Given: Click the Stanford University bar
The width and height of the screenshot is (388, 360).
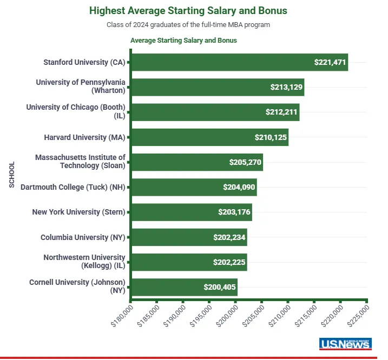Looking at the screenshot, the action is pyautogui.click(x=240, y=62).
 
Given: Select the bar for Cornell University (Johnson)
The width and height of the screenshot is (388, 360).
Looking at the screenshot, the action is pyautogui.click(x=185, y=287).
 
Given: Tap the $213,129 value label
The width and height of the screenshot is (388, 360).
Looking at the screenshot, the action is pyautogui.click(x=286, y=87).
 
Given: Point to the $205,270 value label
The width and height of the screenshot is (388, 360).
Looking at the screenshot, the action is pyautogui.click(x=245, y=162).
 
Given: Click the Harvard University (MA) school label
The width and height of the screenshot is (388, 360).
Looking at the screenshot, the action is pyautogui.click(x=84, y=137).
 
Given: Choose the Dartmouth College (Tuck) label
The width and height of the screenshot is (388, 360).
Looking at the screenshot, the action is pyautogui.click(x=73, y=187).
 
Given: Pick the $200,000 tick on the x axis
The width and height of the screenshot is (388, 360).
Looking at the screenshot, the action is pyautogui.click(x=235, y=301).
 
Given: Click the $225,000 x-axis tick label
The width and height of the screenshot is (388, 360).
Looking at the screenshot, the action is pyautogui.click(x=358, y=316).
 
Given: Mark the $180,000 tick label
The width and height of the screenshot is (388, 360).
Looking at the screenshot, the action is pyautogui.click(x=122, y=316).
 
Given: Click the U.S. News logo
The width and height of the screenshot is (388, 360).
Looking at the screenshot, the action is pyautogui.click(x=345, y=344).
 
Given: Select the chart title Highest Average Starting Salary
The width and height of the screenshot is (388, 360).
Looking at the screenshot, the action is pyautogui.click(x=188, y=11).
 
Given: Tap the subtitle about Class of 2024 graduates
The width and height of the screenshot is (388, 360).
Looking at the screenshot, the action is pyautogui.click(x=188, y=25).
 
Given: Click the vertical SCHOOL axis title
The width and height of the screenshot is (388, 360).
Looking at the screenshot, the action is pyautogui.click(x=11, y=175).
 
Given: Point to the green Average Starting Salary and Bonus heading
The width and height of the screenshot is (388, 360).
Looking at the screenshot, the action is pyautogui.click(x=183, y=41).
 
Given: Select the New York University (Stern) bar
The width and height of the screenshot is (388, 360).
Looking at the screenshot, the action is pyautogui.click(x=192, y=212).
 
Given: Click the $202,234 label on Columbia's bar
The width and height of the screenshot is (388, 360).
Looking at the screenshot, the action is pyautogui.click(x=229, y=237).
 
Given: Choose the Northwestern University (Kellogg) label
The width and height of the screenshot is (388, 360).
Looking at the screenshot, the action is pyautogui.click(x=84, y=261).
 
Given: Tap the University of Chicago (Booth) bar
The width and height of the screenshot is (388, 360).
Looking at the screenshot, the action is pyautogui.click(x=215, y=112).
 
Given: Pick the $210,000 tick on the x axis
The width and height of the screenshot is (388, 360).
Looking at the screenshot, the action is pyautogui.click(x=288, y=301).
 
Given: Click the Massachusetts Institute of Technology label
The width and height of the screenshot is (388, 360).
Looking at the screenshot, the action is pyautogui.click(x=80, y=162).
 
